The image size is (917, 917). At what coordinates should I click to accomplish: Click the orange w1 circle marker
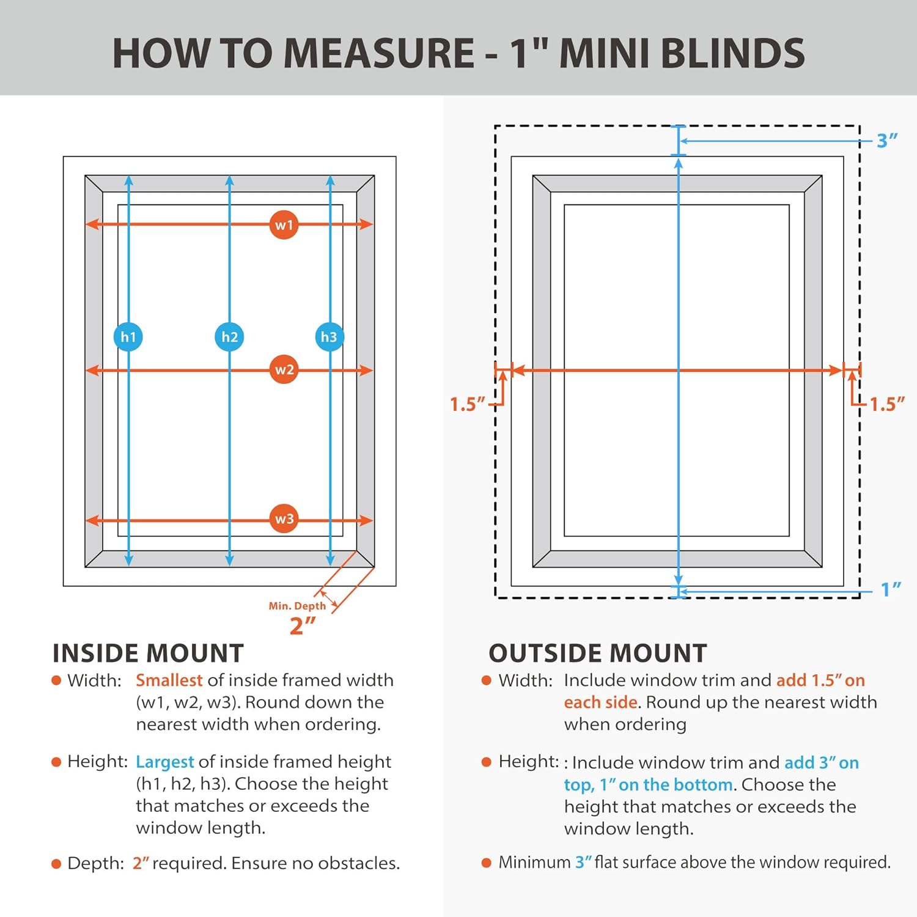(x=284, y=225)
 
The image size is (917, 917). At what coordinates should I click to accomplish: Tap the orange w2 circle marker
(x=284, y=370)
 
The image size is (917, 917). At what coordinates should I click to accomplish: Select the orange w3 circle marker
(x=284, y=519)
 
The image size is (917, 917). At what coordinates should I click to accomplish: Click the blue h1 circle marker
(x=128, y=337)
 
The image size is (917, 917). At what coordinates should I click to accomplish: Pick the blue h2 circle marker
(x=229, y=337)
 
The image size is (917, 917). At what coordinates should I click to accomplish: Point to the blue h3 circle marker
(x=330, y=337)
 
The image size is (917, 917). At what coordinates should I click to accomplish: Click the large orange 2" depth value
(x=302, y=625)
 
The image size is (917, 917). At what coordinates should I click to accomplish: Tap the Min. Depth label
(x=297, y=606)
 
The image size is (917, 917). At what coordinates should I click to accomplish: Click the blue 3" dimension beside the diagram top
(x=886, y=141)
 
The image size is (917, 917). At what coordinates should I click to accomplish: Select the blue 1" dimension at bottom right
(x=891, y=589)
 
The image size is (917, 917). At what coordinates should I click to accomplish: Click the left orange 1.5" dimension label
(x=467, y=404)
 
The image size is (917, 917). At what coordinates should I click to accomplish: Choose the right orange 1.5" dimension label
(x=886, y=404)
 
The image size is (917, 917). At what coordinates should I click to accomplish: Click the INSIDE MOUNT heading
(x=148, y=654)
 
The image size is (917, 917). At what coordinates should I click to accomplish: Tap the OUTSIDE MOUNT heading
(x=597, y=654)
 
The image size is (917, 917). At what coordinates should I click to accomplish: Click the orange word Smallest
(x=169, y=680)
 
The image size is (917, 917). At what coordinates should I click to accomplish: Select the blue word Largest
(x=164, y=762)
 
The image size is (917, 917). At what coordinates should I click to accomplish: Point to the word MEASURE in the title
(x=379, y=53)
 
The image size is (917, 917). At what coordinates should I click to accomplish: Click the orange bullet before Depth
(x=56, y=864)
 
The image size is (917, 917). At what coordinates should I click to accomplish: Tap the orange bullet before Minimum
(x=487, y=863)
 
